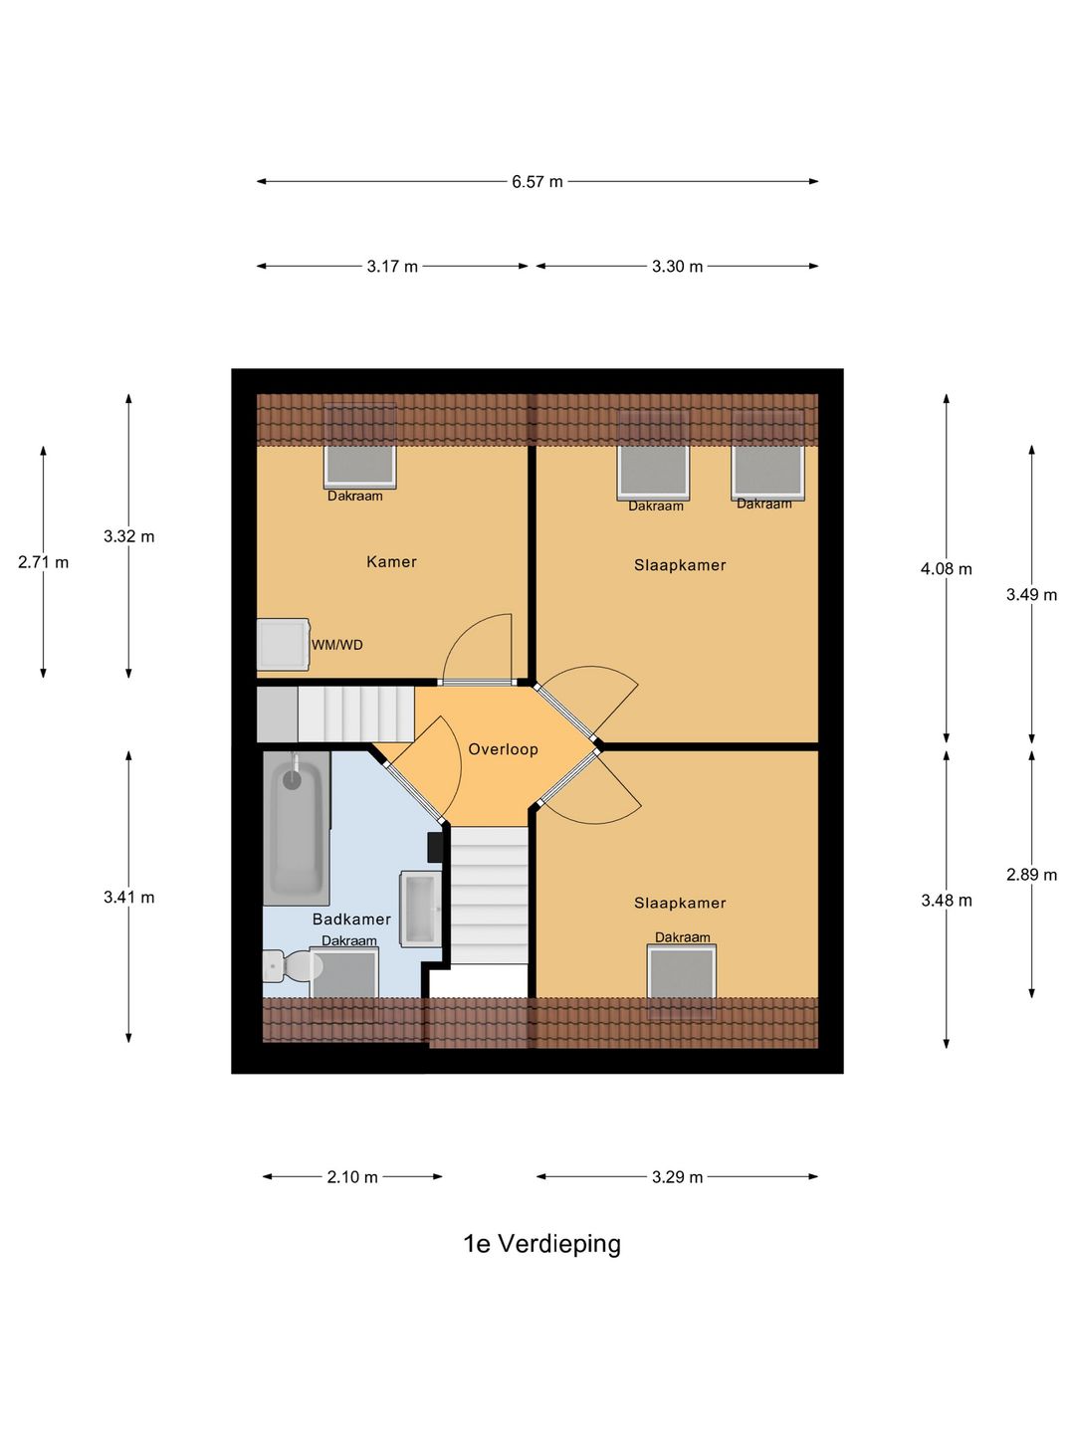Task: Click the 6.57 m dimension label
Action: pyautogui.click(x=537, y=182)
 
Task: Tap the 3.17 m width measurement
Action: pyautogui.click(x=392, y=267)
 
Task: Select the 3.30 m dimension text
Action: pyautogui.click(x=677, y=267)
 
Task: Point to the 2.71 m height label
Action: pyautogui.click(x=44, y=562)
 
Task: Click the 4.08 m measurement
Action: pyautogui.click(x=946, y=569)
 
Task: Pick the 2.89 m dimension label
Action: pyautogui.click(x=1031, y=875)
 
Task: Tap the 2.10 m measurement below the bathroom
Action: pyautogui.click(x=352, y=1177)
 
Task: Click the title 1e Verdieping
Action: pyautogui.click(x=541, y=1244)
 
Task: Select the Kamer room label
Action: pyautogui.click(x=391, y=562)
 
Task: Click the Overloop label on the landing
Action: pyautogui.click(x=503, y=749)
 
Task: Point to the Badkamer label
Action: pyautogui.click(x=351, y=920)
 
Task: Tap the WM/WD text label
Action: pyautogui.click(x=337, y=645)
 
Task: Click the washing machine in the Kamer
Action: pyautogui.click(x=283, y=644)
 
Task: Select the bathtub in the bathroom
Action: pyautogui.click(x=295, y=828)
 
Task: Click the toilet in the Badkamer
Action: pyautogui.click(x=288, y=965)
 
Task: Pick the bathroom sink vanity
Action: pyautogui.click(x=420, y=909)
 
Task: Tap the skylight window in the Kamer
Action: pyautogui.click(x=359, y=463)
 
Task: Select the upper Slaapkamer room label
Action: pyautogui.click(x=680, y=565)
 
